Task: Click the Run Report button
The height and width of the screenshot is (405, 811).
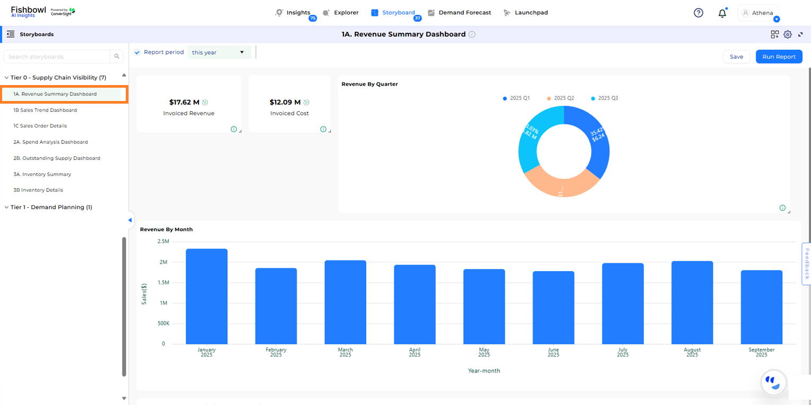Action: click(x=779, y=57)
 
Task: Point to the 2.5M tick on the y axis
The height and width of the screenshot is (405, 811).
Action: click(x=163, y=241)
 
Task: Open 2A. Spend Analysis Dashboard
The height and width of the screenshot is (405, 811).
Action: click(x=51, y=142)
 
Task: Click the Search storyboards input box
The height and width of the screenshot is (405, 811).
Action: click(x=57, y=57)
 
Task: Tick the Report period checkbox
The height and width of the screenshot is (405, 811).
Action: click(x=137, y=52)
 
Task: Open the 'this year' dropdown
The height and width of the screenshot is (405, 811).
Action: click(x=219, y=53)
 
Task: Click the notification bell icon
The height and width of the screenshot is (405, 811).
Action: click(x=722, y=13)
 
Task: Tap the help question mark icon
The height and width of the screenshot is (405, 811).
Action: click(x=698, y=13)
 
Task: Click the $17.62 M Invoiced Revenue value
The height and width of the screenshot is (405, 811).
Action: click(x=184, y=102)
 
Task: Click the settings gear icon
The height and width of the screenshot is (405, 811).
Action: click(x=788, y=35)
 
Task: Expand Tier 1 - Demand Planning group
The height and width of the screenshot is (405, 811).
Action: click(x=51, y=207)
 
